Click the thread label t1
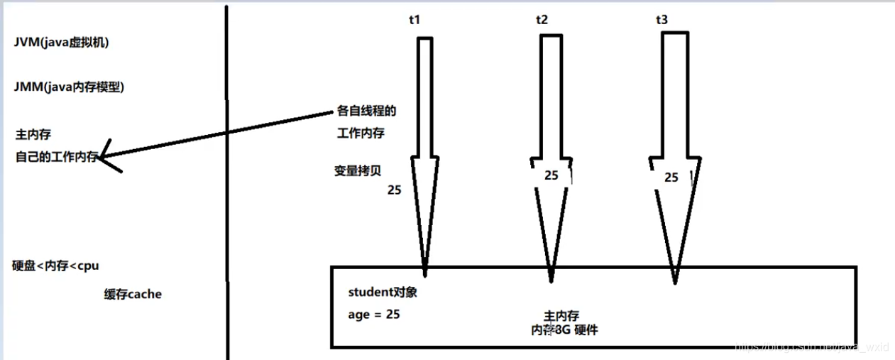tap(414, 21)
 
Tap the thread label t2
tap(542, 21)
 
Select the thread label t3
tap(661, 21)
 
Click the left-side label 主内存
tap(33, 133)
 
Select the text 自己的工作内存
tap(56, 157)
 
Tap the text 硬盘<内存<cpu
tap(57, 266)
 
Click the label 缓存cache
tap(133, 294)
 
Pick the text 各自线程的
tap(366, 112)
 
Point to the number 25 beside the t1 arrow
tap(394, 190)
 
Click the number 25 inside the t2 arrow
tap(551, 175)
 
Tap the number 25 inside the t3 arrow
tap(671, 178)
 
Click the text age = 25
tap(374, 314)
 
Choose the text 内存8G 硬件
tap(566, 329)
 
